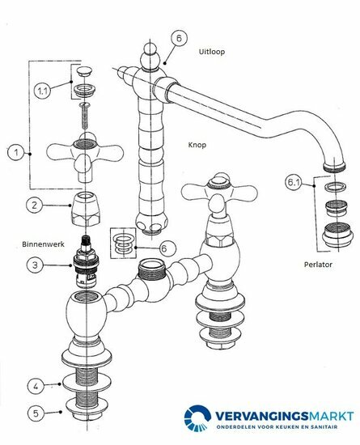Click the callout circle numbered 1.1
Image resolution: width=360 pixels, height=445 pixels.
42,91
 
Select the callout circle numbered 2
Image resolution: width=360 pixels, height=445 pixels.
34,205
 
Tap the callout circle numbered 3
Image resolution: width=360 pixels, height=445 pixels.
35,265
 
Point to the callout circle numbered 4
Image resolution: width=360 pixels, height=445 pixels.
36,386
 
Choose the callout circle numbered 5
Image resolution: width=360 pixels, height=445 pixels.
36,413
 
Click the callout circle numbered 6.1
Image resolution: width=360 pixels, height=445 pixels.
294,182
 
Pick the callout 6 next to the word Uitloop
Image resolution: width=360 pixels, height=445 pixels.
179,38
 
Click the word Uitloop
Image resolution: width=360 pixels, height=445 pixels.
212,52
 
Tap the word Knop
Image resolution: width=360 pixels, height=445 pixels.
197,145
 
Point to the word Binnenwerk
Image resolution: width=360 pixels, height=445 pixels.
43,244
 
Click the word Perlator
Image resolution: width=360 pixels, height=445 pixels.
318,265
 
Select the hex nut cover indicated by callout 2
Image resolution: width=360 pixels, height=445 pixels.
86,210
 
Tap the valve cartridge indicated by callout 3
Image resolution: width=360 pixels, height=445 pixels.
85,261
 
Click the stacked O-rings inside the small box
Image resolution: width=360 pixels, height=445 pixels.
123,244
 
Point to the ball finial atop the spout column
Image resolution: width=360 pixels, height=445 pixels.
151,56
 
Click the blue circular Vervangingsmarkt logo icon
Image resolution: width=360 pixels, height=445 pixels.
197,418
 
